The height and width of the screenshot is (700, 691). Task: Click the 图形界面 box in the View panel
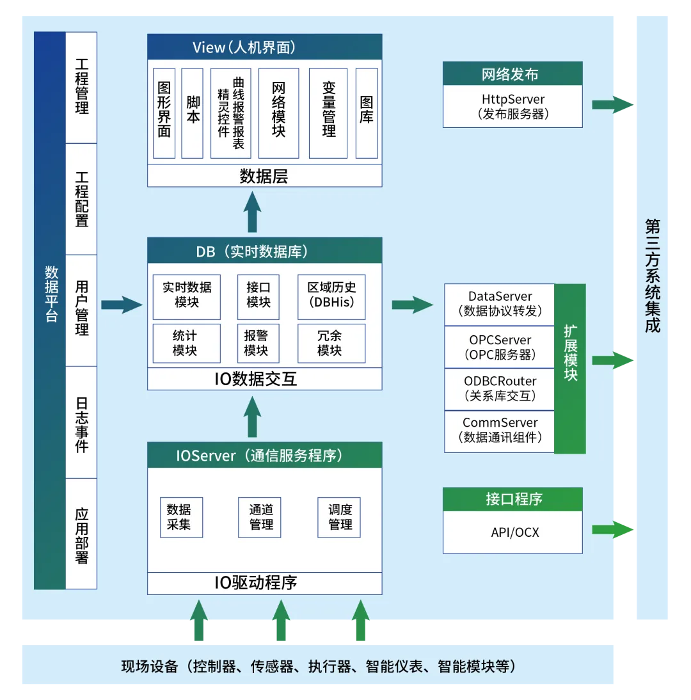[164, 113]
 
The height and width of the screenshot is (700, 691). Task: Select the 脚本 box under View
[193, 113]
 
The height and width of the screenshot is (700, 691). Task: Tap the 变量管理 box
[328, 113]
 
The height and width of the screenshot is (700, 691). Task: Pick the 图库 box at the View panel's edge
[367, 113]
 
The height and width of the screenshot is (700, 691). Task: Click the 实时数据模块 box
[187, 297]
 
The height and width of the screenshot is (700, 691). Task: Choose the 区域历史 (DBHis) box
[331, 297]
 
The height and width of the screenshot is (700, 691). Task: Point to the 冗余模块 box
[331, 344]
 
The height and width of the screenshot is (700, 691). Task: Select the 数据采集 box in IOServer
[181, 518]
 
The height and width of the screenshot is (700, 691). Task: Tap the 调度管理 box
[339, 518]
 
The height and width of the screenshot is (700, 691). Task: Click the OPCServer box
[500, 347]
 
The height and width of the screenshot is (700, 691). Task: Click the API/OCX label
[514, 532]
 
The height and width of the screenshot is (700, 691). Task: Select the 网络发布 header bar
[512, 74]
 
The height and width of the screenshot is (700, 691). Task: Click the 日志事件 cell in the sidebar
[81, 422]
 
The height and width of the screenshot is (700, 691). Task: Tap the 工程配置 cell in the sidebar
[81, 199]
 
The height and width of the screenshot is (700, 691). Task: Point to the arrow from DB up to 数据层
[252, 212]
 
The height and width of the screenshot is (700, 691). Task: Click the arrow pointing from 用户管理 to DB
[122, 305]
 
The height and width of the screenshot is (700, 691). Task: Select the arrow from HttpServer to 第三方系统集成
[612, 105]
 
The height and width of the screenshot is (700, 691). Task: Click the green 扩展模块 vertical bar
[570, 369]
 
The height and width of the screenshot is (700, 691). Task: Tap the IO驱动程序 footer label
[256, 583]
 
